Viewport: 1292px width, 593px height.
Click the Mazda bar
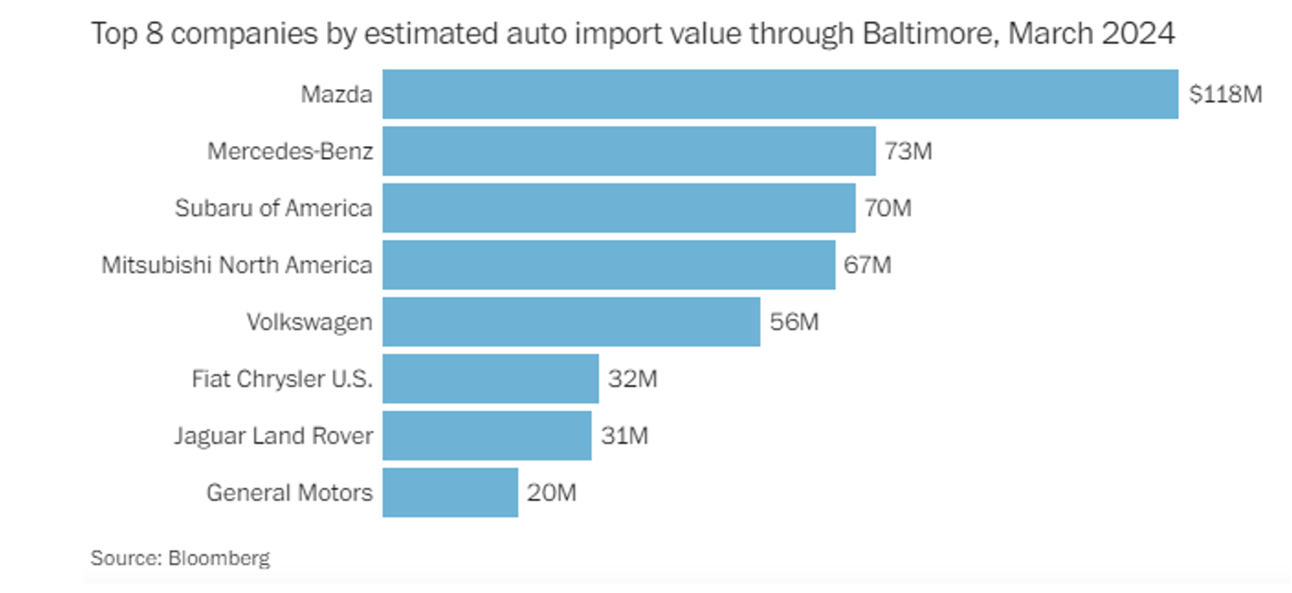coord(780,94)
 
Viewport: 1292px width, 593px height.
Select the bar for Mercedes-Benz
coord(629,151)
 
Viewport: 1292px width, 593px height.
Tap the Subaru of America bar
coord(619,208)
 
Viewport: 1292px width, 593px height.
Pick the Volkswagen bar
coord(571,321)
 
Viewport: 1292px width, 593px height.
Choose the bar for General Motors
coord(450,492)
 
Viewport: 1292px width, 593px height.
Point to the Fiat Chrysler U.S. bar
coord(491,379)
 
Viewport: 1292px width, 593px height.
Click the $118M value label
coord(1225,94)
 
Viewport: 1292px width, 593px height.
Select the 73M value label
coord(908,151)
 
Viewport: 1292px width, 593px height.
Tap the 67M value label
coord(867,265)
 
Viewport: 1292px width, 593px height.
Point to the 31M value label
coord(625,436)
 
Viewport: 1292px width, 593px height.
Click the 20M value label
coord(551,492)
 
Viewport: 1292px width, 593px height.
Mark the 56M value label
coord(794,321)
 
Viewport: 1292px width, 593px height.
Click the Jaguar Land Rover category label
coord(274,436)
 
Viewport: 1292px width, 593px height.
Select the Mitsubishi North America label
coord(237,265)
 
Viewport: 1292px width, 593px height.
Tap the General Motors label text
coord(290,492)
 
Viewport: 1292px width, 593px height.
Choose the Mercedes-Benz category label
coord(290,151)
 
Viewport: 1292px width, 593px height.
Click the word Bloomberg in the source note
coord(219,559)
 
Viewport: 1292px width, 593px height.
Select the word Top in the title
coord(114,34)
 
